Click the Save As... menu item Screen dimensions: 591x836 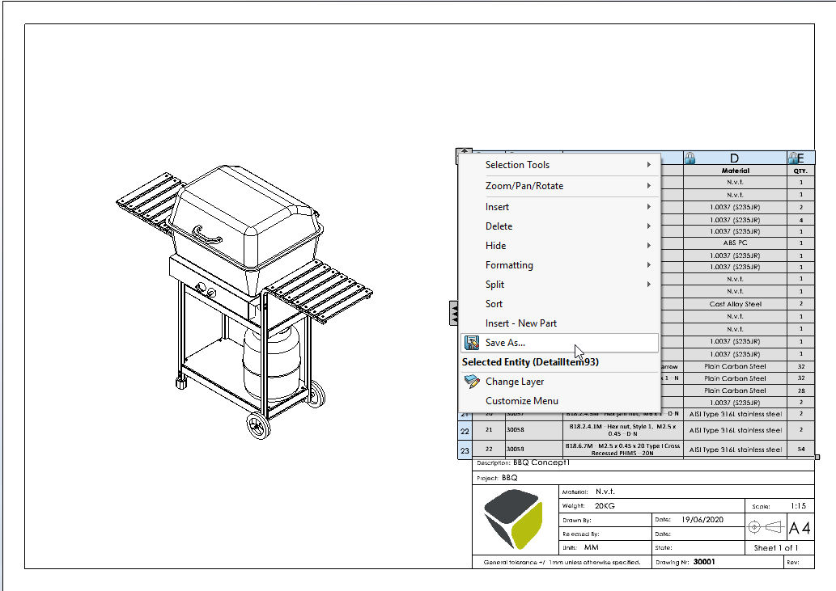tap(505, 343)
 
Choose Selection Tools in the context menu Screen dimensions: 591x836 tap(517, 165)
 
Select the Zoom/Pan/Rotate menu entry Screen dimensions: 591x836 tap(524, 186)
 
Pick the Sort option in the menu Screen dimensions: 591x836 tap(494, 304)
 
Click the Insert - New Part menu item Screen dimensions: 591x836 tap(520, 323)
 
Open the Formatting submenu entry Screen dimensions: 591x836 tap(509, 265)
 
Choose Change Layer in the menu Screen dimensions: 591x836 tap(514, 382)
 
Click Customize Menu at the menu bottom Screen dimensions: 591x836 tap(521, 401)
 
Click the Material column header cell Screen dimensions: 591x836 tap(735, 171)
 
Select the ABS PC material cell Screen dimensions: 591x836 tap(735, 243)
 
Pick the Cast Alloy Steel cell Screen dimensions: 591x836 tap(735, 304)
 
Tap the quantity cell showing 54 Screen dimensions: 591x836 tap(800, 450)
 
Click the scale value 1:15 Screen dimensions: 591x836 tap(798, 506)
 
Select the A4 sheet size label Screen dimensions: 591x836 tap(800, 529)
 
